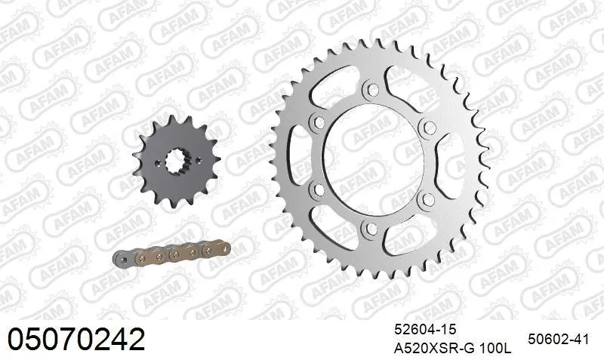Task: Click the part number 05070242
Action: click(75, 339)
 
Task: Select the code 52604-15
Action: click(425, 330)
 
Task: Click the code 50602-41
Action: click(558, 339)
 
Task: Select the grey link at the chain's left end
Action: click(122, 257)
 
